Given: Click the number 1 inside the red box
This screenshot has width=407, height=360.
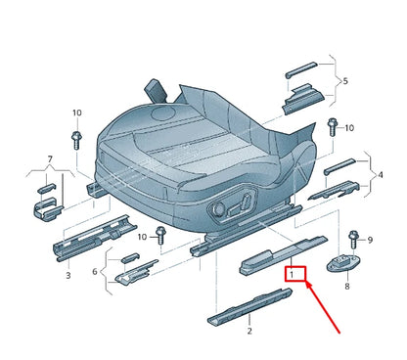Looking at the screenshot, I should [x=291, y=276].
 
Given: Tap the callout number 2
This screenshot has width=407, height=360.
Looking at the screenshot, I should [x=249, y=332].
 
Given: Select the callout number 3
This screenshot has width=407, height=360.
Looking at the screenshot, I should [x=68, y=277].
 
